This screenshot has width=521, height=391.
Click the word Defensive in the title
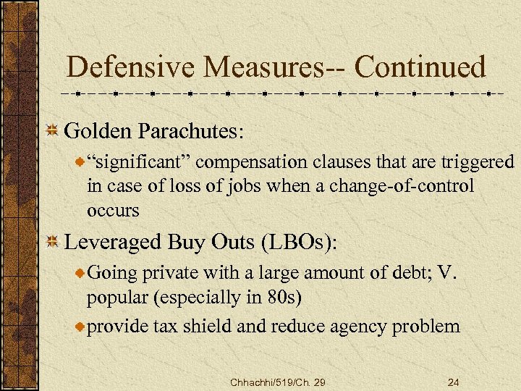click(x=133, y=68)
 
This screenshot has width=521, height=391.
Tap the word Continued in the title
click(x=420, y=68)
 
